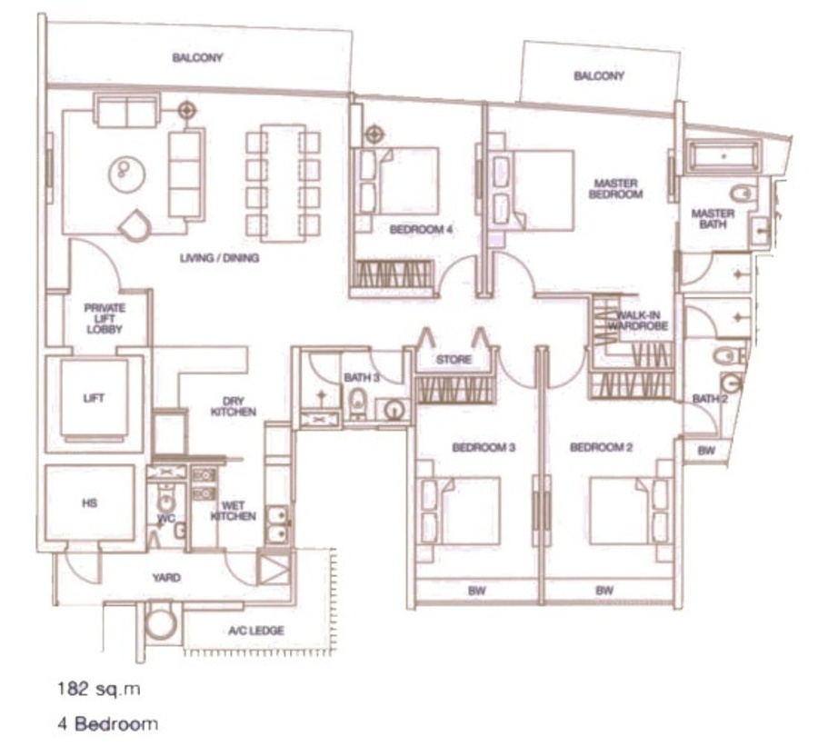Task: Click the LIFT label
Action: (94, 399)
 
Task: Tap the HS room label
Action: (89, 503)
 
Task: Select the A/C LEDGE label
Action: (256, 631)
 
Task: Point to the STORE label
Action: (454, 360)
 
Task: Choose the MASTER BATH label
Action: (713, 219)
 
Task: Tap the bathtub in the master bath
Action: (724, 155)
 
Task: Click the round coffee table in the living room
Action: (126, 174)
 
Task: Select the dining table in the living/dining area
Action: (283, 183)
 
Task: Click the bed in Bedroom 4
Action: (400, 181)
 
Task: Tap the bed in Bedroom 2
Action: (628, 511)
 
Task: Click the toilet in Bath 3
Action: (358, 402)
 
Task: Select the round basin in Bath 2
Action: (731, 383)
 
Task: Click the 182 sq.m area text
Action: (99, 689)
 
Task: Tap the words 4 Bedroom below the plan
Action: (107, 723)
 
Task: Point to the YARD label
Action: (166, 578)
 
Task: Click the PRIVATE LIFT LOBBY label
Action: (105, 319)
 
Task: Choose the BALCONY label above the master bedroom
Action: (599, 75)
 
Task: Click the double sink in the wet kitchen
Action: (277, 524)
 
